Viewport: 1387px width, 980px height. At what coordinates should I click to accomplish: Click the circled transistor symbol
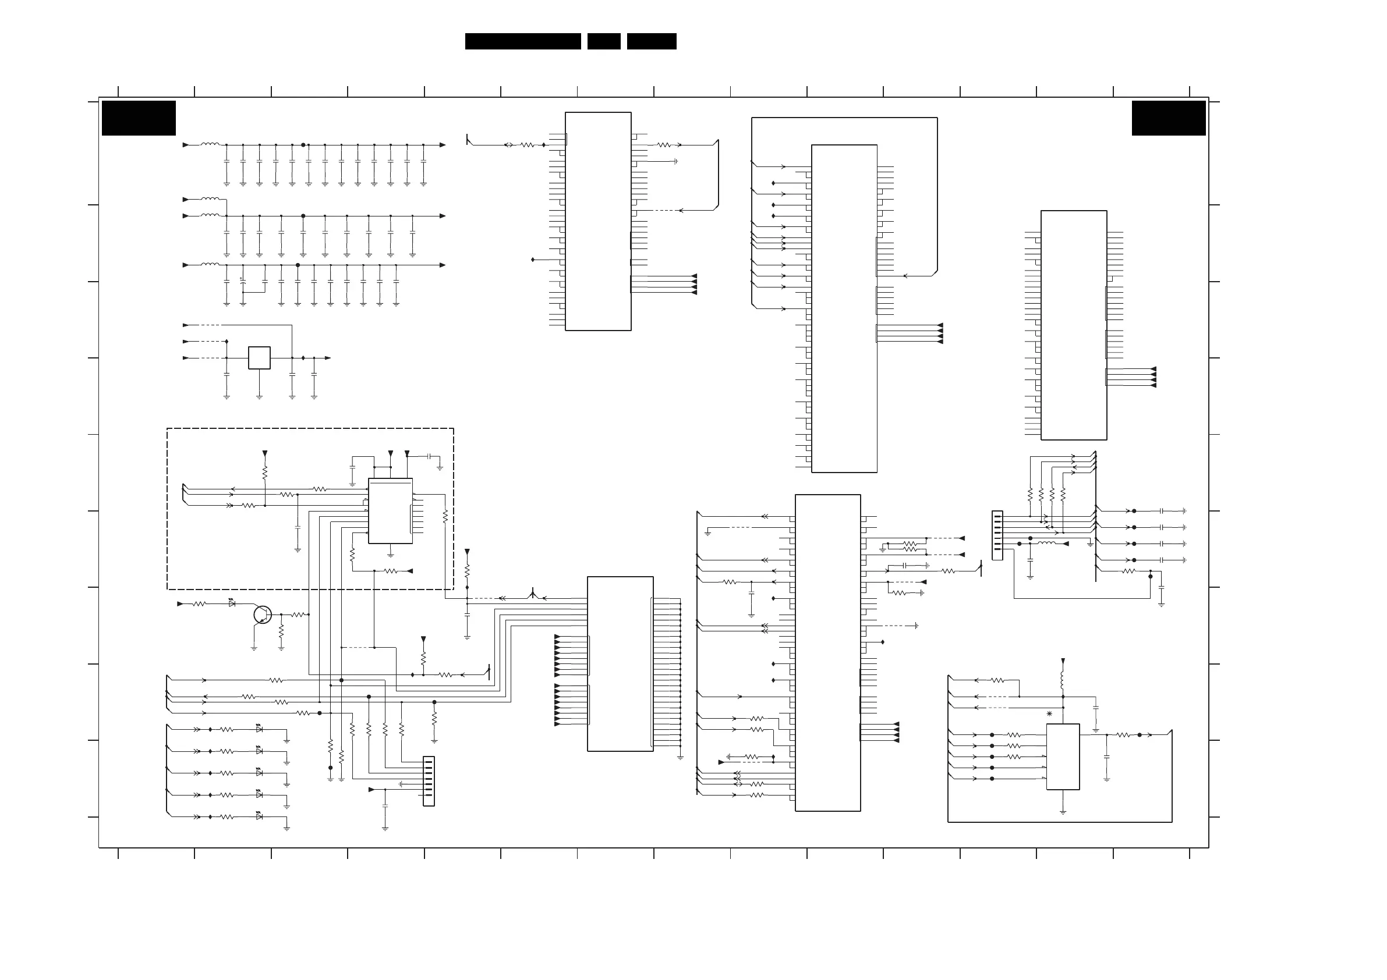tap(262, 615)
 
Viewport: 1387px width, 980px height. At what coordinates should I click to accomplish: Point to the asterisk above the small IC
tap(1049, 714)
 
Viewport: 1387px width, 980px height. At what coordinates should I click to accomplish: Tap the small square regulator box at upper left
tap(259, 358)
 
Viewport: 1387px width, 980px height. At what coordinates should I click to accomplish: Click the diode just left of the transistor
tap(232, 603)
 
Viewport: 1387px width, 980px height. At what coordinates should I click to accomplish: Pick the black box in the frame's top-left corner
tap(139, 118)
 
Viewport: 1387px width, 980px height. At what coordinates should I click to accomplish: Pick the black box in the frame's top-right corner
tap(1168, 118)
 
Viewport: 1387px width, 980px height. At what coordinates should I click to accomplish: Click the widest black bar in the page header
tap(522, 41)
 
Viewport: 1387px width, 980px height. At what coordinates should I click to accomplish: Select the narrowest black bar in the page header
tap(603, 41)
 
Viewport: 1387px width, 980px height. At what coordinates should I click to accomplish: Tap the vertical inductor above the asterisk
tap(1063, 680)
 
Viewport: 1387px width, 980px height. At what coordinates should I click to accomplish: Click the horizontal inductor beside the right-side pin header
tap(1046, 544)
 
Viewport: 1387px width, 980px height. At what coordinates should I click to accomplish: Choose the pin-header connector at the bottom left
tap(429, 781)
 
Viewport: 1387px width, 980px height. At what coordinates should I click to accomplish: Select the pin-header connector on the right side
tap(997, 535)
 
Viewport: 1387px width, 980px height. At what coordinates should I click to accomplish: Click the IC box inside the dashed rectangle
tap(390, 511)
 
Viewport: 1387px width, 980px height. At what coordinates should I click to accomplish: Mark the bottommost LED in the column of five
tap(259, 816)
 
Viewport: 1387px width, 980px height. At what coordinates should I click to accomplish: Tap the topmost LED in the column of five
tap(259, 729)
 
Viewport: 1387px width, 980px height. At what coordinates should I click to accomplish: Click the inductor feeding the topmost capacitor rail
tap(210, 144)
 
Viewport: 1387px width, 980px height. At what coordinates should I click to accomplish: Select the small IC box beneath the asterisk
tap(1063, 757)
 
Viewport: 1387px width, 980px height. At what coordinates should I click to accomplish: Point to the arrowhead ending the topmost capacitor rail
tap(442, 145)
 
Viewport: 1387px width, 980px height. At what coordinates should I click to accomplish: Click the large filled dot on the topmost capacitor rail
tap(303, 145)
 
